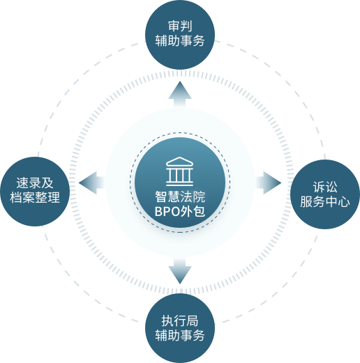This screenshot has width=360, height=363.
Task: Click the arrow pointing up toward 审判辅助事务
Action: [180, 94]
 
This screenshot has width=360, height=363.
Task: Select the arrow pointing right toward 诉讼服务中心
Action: [268, 183]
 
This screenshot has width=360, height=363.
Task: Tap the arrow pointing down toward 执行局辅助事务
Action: [180, 271]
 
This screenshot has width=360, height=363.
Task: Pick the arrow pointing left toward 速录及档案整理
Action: [92, 183]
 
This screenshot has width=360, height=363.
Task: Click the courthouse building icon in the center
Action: [179, 171]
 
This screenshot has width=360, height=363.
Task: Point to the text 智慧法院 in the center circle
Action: [180, 196]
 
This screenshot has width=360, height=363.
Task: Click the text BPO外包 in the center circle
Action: [180, 211]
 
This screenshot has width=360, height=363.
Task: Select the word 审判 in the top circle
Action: [180, 26]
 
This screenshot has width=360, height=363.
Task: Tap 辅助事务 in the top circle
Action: [180, 40]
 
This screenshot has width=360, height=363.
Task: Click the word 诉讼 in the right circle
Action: [325, 187]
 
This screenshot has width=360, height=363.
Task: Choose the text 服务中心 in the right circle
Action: [325, 201]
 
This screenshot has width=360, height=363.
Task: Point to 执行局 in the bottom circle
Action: [180, 321]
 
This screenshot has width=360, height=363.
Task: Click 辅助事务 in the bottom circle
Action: [180, 335]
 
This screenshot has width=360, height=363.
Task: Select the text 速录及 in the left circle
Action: [35, 183]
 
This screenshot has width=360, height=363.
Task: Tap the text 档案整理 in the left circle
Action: [35, 198]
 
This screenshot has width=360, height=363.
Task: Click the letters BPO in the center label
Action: [167, 212]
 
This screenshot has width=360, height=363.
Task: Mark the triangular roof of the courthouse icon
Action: [179, 162]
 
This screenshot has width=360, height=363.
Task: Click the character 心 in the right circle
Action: [344, 201]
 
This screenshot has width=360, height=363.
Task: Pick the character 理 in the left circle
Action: [54, 198]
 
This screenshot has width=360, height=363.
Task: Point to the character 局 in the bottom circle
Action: [193, 321]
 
